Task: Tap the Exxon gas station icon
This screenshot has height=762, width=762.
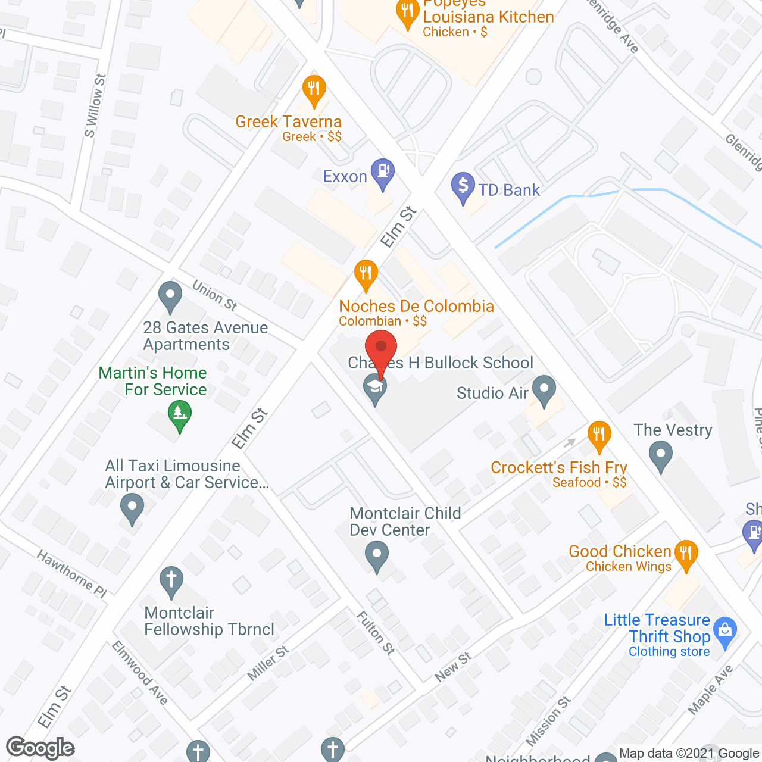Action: pos(382,171)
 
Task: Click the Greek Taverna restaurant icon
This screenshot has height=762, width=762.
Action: pos(314,90)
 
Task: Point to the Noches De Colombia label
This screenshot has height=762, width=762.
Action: pos(416,307)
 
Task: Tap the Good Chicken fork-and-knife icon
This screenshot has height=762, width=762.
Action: pos(686,554)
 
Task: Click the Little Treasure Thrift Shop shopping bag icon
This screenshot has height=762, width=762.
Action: pos(724,632)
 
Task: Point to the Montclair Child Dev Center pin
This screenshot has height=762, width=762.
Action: pos(376,555)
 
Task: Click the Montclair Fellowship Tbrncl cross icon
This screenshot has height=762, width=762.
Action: pos(171,580)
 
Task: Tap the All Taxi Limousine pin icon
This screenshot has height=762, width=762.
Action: pos(132,509)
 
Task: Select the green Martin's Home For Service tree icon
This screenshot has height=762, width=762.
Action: pos(179,414)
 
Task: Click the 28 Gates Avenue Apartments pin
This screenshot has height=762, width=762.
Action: pos(171,295)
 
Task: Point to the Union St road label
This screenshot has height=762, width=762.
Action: pos(214,295)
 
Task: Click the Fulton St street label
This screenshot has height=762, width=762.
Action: pos(376,633)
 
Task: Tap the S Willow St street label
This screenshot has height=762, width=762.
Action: pos(95,106)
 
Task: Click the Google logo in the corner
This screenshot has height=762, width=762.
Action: pos(40,748)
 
